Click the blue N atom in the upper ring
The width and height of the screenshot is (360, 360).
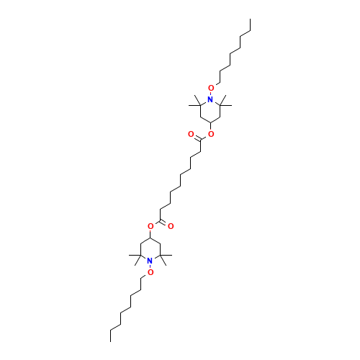(210, 99)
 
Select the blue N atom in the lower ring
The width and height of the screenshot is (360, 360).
(150, 261)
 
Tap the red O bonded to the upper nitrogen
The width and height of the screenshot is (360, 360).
(211, 88)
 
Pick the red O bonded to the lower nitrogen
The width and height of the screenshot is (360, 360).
(150, 272)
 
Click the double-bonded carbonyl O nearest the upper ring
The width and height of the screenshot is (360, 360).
(191, 134)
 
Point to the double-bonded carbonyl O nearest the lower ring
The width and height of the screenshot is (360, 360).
(171, 226)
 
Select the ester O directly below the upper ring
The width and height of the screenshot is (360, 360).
(211, 134)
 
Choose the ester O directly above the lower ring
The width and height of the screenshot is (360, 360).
(150, 226)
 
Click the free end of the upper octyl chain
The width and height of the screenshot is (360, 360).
(251, 19)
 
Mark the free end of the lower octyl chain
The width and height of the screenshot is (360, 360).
(110, 341)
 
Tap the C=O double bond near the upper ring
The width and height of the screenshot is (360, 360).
(197, 138)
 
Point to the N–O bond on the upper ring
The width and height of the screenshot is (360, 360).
(211, 94)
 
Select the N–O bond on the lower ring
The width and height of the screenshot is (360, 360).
(150, 266)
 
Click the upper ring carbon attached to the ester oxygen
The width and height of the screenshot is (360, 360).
(210, 122)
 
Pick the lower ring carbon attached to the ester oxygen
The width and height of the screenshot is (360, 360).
(150, 238)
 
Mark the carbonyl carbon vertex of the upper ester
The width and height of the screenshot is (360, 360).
(201, 140)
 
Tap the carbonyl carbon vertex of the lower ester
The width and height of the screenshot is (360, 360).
(161, 220)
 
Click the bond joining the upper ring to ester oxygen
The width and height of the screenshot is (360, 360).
(210, 127)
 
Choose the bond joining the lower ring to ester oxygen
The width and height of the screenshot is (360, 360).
(150, 233)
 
